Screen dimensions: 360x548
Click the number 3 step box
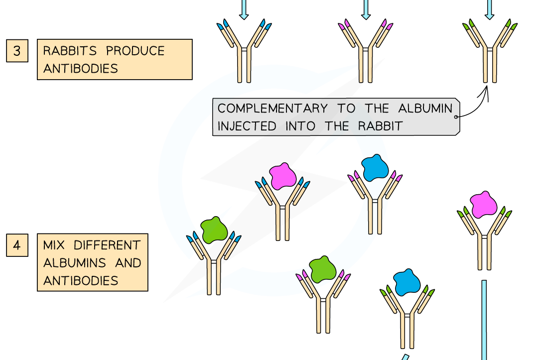pos(17,51)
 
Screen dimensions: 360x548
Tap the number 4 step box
pos(17,246)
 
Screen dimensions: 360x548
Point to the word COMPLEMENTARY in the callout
pos(273,109)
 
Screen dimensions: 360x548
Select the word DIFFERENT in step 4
pos(107,245)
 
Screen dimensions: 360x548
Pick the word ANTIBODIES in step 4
pos(81,280)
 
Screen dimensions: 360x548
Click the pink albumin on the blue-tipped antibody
pos(283,176)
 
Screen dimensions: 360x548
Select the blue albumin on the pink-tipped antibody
pos(375,168)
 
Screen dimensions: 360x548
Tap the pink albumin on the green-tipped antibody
pos(483,205)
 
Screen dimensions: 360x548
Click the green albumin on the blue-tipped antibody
pos(214,230)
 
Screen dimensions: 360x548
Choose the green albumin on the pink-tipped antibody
pos(323,269)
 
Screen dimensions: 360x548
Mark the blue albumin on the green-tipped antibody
pos(407,283)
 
